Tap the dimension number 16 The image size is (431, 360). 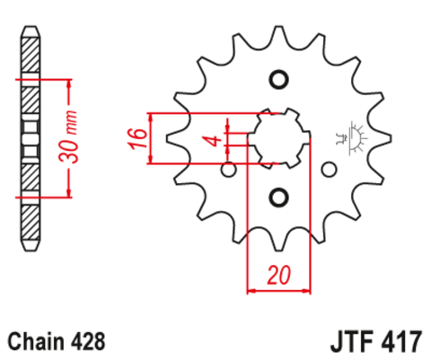(x=136, y=139)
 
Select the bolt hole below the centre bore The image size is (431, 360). (x=277, y=197)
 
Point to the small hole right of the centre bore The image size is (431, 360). (x=328, y=168)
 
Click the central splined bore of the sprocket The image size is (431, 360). (x=277, y=138)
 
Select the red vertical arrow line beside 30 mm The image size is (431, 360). (x=66, y=137)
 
